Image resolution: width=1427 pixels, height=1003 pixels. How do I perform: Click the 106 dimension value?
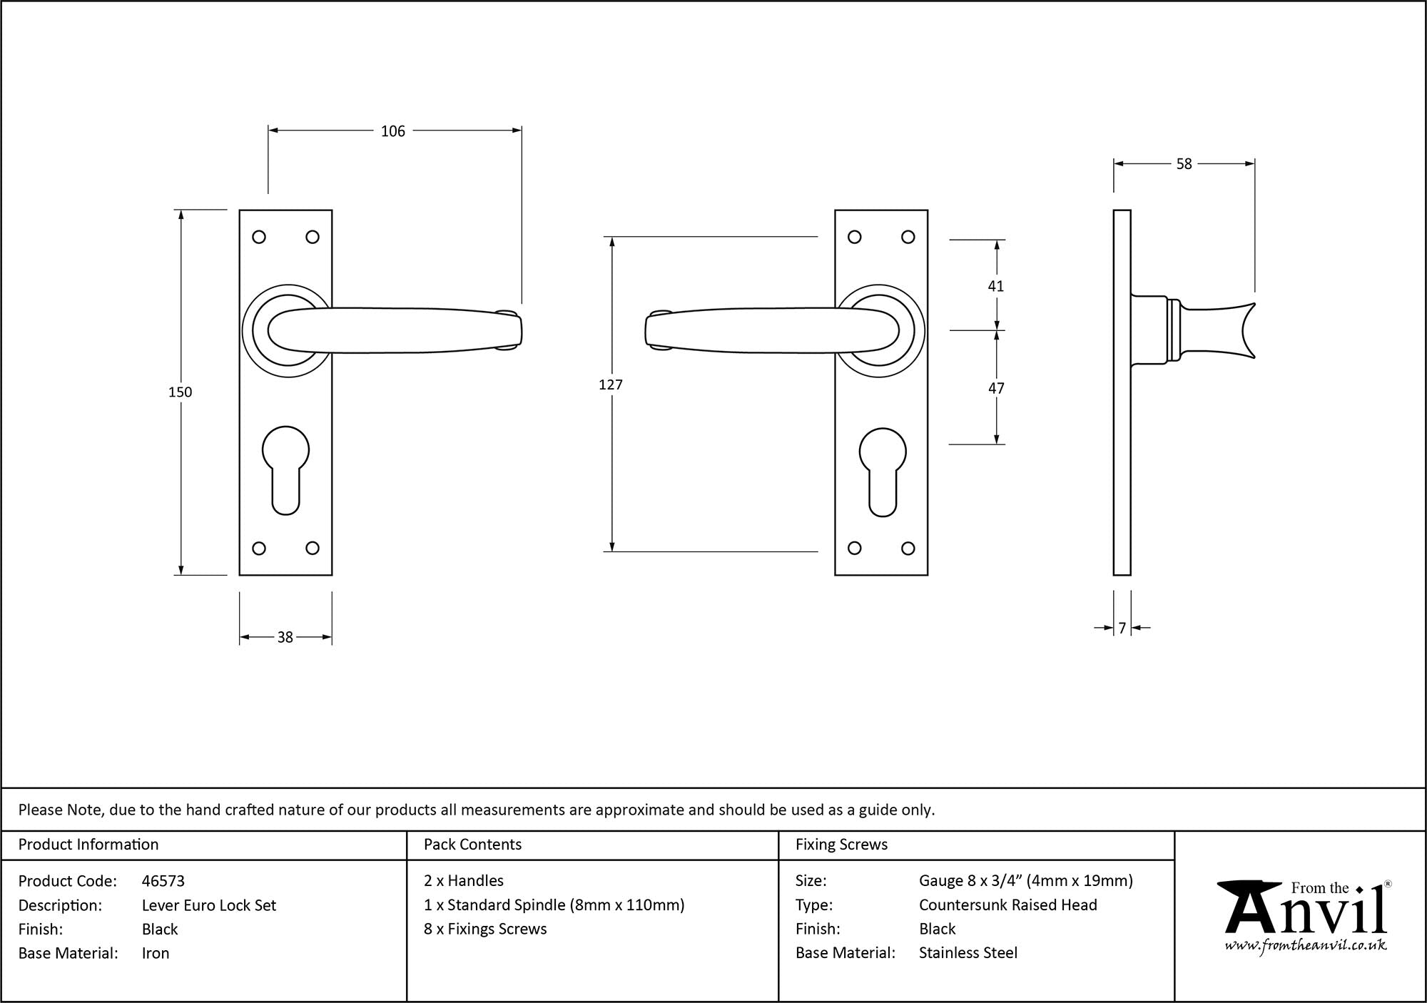pyautogui.click(x=392, y=131)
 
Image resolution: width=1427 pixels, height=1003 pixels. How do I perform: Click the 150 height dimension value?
pyautogui.click(x=180, y=392)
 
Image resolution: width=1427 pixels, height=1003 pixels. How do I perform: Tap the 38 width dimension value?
pyautogui.click(x=285, y=638)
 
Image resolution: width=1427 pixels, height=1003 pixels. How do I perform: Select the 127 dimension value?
pyautogui.click(x=611, y=385)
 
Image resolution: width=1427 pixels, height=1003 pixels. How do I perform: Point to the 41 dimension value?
pyautogui.click(x=996, y=287)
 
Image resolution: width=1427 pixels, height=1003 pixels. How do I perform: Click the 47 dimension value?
pyautogui.click(x=996, y=389)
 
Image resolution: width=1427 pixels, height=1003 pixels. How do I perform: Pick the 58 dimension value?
pyautogui.click(x=1184, y=165)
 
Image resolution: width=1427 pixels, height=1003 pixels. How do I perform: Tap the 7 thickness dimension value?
pyautogui.click(x=1122, y=628)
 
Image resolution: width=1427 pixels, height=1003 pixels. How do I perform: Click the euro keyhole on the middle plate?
pyautogui.click(x=883, y=471)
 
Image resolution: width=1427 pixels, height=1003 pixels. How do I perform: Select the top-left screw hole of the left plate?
pyautogui.click(x=259, y=237)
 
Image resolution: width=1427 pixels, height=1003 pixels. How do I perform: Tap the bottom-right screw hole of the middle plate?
pyautogui.click(x=908, y=549)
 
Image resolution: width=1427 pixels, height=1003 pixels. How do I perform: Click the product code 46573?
pyautogui.click(x=163, y=881)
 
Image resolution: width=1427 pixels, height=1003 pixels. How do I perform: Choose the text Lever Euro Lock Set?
pyautogui.click(x=208, y=905)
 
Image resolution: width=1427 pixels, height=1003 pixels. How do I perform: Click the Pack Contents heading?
pyautogui.click(x=472, y=845)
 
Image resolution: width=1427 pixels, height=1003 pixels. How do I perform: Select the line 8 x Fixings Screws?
pyautogui.click(x=485, y=929)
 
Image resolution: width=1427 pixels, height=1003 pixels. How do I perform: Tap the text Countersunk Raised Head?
pyautogui.click(x=1007, y=905)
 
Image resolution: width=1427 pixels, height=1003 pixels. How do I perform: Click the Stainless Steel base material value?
pyautogui.click(x=968, y=953)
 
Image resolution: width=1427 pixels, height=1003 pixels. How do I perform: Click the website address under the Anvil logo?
pyautogui.click(x=1306, y=946)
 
